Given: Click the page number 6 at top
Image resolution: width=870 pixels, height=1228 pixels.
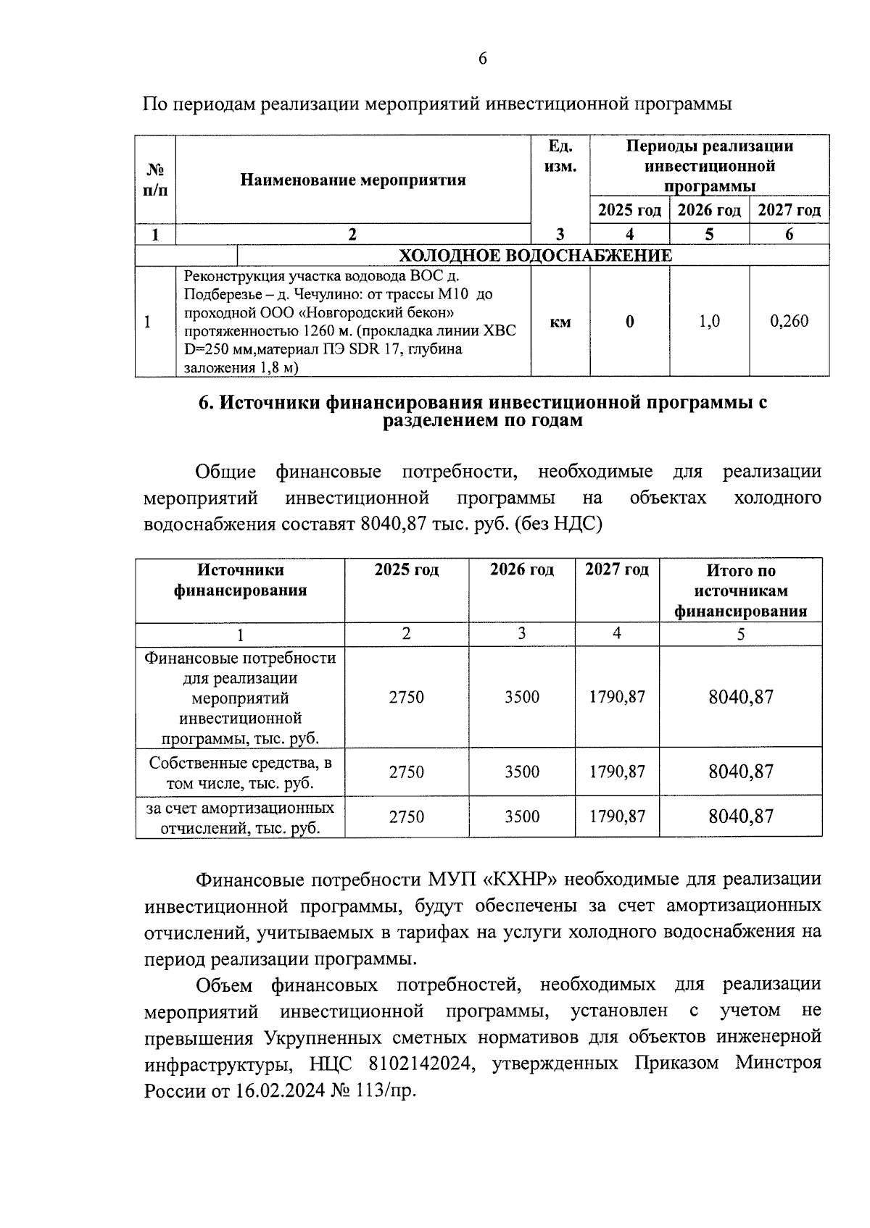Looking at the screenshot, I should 483,59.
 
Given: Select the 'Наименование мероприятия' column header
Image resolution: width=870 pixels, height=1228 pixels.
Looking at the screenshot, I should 353,180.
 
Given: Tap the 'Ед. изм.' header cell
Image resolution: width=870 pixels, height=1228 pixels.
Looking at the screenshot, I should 560,156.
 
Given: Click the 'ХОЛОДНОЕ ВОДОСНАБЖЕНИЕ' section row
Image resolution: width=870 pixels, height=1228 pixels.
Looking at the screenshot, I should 536,256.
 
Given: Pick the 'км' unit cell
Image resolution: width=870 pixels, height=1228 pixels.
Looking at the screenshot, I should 560,322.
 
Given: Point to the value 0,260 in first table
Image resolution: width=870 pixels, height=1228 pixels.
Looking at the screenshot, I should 789,321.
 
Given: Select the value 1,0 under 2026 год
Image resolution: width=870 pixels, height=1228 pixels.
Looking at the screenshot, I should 709,321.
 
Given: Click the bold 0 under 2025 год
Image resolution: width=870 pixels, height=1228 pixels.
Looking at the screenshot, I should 629,321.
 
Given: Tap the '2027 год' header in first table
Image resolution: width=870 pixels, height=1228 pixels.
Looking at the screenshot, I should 789,211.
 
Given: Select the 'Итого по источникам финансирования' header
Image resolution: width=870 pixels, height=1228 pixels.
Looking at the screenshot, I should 741,590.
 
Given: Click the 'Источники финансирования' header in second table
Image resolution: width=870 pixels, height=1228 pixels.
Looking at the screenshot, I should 240,580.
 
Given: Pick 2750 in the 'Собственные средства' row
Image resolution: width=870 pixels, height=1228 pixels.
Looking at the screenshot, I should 406,772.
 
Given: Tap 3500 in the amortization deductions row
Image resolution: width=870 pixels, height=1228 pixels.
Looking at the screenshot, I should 522,816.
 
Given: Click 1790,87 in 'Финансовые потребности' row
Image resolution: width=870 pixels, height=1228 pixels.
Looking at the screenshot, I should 617,697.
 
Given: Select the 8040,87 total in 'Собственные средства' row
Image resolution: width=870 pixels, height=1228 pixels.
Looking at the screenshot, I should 741,772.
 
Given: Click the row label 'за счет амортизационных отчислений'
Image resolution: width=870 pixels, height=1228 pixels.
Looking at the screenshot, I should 240,818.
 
